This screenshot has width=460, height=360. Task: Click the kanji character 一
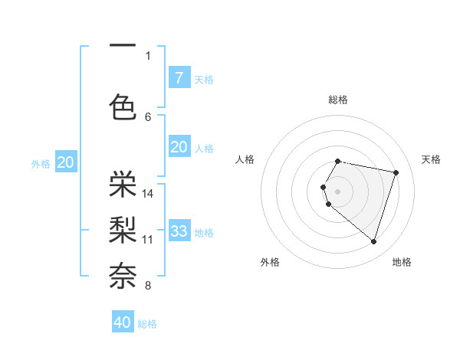click(123, 46)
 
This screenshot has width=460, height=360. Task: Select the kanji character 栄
click(123, 182)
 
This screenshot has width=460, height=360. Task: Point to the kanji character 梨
click(123, 228)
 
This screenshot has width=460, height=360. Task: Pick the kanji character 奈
click(123, 274)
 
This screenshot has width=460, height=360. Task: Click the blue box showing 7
click(179, 77)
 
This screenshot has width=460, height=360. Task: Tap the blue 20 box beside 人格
click(179, 147)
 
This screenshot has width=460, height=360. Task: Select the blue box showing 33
click(179, 231)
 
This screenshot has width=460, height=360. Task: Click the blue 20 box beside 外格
click(66, 162)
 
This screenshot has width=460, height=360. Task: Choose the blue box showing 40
click(123, 322)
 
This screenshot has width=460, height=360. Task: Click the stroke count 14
click(148, 193)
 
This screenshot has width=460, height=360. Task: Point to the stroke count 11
click(148, 239)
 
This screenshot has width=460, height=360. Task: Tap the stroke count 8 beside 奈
click(148, 286)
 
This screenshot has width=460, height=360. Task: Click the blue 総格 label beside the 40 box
click(147, 324)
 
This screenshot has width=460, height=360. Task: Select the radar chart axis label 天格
click(431, 159)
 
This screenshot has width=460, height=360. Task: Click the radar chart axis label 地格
click(402, 262)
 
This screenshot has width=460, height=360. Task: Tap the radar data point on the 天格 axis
click(396, 172)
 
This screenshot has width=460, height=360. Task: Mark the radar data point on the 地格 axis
click(373, 242)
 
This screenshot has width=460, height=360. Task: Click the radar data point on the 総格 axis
click(338, 161)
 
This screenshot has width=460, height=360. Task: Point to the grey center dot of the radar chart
click(338, 190)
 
